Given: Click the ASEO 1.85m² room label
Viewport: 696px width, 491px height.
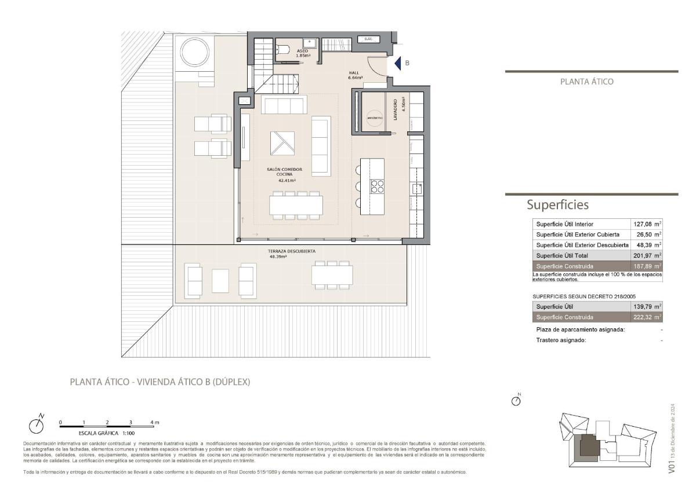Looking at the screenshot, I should point(302,53).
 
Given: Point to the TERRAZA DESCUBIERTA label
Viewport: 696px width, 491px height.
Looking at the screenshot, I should point(292,253).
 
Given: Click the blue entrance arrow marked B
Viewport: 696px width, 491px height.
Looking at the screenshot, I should point(398,63).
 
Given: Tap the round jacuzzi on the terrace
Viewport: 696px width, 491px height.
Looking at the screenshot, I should point(196,50).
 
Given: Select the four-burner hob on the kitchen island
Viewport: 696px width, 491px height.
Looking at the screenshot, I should point(378,186).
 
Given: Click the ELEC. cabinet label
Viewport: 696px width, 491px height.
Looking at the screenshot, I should point(368,39).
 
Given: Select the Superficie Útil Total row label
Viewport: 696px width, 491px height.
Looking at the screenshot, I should point(562,255).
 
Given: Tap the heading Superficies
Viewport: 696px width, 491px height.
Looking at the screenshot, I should point(557,205).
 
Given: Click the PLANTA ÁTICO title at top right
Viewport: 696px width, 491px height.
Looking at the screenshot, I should point(586,82).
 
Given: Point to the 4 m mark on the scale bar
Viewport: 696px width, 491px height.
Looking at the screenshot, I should point(154,423).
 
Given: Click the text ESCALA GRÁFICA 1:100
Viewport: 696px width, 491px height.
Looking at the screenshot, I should point(107,433).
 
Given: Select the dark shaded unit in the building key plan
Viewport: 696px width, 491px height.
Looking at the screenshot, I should point(592,446).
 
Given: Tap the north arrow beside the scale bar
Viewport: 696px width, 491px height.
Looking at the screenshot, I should point(38,424).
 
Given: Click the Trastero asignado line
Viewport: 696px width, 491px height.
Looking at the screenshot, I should point(561,340).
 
